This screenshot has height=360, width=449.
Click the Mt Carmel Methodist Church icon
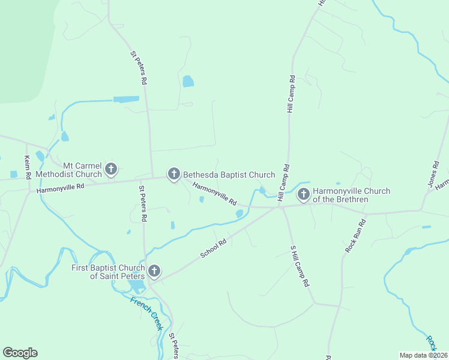110,170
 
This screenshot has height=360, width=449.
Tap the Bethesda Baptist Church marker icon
173,175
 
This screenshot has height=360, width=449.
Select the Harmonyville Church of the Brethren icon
304,194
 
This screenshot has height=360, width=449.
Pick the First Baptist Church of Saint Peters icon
154,271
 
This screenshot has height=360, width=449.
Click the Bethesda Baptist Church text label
229,175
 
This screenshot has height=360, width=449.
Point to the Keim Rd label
27,167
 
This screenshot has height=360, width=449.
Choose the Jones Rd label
433,174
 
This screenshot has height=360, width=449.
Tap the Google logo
20,353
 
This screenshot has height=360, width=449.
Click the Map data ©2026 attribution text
423,355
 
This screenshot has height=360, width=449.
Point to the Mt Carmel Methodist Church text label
68,170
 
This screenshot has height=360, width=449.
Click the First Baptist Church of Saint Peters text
108,272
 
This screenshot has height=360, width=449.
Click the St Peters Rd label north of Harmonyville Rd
138,67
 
